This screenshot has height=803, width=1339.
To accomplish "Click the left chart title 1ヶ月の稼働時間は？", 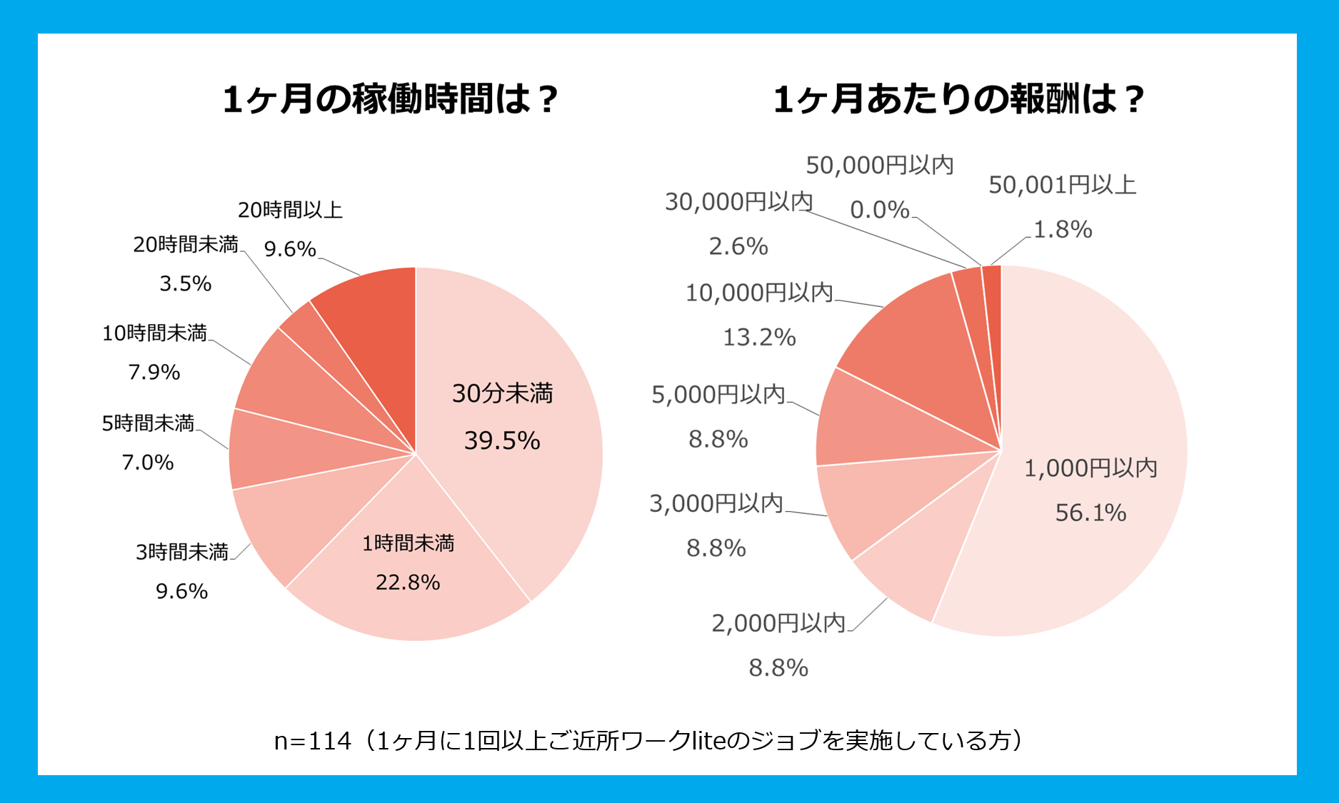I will tap(389, 99).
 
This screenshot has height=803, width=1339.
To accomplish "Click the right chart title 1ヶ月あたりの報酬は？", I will tap(958, 99).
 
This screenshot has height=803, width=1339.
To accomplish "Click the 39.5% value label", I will tap(502, 440).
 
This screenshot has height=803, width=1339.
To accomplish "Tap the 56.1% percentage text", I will tap(1090, 512).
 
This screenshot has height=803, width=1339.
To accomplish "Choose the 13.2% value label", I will tap(759, 337).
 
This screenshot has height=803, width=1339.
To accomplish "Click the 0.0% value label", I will tap(879, 210).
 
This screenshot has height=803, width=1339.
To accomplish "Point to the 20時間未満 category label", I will tap(186, 245).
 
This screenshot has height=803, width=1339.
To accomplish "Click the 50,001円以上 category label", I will tap(1062, 186).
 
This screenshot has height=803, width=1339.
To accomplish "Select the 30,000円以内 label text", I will tap(738, 202).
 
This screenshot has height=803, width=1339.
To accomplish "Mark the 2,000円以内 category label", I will tap(778, 623).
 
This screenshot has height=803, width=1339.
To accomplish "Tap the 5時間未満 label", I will tap(148, 423).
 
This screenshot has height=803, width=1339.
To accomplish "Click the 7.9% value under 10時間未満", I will tap(154, 372).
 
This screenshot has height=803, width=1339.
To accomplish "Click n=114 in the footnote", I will tap(313, 741).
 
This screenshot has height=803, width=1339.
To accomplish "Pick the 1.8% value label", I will tap(1063, 229).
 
